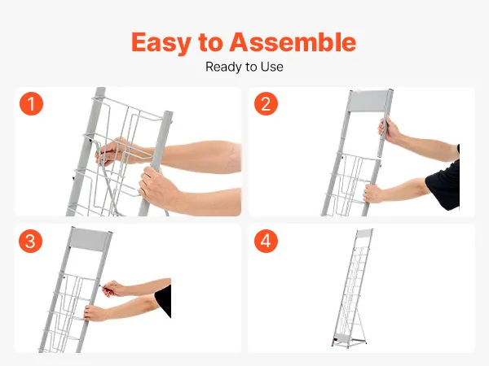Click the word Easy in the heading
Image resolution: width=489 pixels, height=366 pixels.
point(160,42)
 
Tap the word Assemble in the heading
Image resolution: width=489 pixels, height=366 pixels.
point(293,41)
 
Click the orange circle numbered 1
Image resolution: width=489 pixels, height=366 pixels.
point(32,103)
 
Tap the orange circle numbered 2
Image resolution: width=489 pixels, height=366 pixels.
point(266,103)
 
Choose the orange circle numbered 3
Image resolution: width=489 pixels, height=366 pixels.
point(31,241)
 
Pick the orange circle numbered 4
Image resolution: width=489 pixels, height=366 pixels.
point(266,241)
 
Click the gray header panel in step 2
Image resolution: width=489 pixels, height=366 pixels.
point(369,101)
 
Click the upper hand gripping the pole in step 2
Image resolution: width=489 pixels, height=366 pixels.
point(389,131)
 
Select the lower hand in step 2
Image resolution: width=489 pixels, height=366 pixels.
point(373,193)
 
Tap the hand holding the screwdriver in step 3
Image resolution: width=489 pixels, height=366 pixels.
point(114,289)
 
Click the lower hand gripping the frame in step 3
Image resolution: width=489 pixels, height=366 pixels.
point(95,313)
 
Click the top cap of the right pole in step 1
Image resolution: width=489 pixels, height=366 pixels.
point(167,114)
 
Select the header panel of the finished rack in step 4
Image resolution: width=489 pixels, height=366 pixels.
point(364,233)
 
